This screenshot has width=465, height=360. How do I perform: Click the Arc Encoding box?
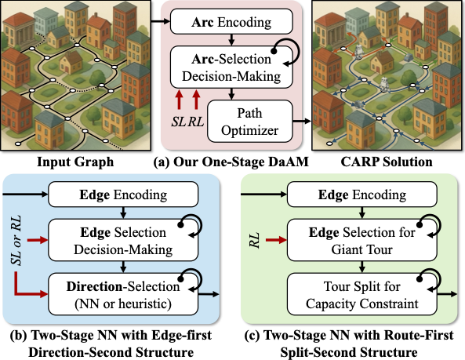(x=231, y=21)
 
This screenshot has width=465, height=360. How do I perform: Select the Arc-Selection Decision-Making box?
(x=231, y=67)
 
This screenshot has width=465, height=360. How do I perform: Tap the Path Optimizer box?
(x=249, y=122)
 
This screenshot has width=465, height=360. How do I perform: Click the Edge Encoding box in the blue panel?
(x=123, y=195)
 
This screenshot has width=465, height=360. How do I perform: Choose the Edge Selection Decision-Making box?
(x=123, y=241)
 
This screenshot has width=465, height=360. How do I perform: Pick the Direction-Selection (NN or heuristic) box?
(x=123, y=294)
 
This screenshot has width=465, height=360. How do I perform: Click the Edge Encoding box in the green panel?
(x=362, y=195)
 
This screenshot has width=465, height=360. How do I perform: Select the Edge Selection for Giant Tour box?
(x=362, y=241)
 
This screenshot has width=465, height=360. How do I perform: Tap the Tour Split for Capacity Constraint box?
(x=362, y=294)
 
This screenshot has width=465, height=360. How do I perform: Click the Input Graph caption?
(x=75, y=162)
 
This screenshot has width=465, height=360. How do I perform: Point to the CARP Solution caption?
(x=387, y=162)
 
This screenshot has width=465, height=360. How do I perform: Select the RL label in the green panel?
(x=254, y=241)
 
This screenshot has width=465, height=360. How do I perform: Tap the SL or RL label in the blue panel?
(x=16, y=240)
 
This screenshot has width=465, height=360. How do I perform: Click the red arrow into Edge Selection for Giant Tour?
(x=276, y=240)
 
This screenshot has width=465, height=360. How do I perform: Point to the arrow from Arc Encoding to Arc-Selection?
(x=231, y=40)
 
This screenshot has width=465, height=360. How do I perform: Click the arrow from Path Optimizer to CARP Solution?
(x=302, y=121)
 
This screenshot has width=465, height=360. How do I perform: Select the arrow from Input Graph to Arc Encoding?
(x=161, y=21)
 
